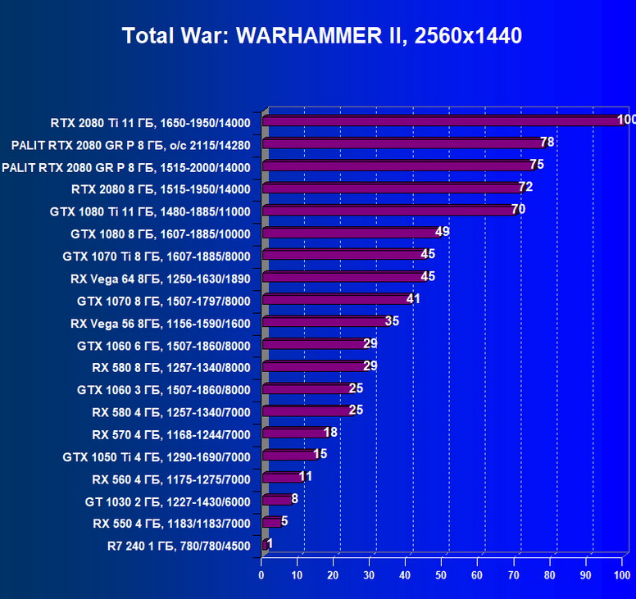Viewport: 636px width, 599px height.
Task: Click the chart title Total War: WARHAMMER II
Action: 321,36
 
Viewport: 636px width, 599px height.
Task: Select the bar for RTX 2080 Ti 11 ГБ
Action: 443,121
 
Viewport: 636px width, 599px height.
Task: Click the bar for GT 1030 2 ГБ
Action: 276,499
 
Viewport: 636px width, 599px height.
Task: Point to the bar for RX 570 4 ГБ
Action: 294,433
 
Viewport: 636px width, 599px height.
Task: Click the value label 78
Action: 547,143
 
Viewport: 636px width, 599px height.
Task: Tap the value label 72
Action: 525,187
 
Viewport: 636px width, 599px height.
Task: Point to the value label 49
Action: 443,232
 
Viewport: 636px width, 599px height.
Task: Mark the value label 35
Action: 392,320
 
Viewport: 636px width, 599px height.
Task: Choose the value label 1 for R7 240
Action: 270,543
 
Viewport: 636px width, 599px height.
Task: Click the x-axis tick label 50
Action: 442,576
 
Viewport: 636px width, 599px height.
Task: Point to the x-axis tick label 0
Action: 261,576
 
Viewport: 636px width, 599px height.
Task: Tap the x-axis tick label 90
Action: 586,576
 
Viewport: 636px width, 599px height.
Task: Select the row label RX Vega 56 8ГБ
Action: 161,323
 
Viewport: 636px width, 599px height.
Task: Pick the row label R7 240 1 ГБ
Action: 179,545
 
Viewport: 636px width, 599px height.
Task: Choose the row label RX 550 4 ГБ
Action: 171,523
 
